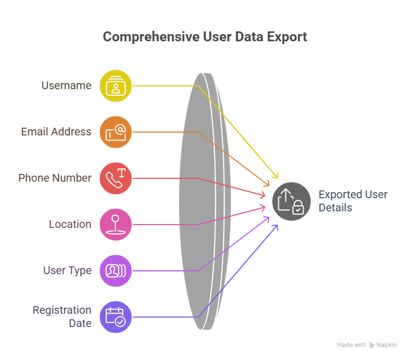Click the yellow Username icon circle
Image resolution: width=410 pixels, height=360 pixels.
click(x=116, y=86)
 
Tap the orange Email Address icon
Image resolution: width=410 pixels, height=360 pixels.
click(x=116, y=132)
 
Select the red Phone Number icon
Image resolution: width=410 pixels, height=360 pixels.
click(x=116, y=178)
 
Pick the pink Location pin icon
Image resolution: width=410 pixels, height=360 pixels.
click(x=116, y=225)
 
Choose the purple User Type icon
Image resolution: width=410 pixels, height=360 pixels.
click(x=116, y=271)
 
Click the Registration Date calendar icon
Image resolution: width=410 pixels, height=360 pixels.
click(x=116, y=317)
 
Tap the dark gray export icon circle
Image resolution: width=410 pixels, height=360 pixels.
click(x=292, y=201)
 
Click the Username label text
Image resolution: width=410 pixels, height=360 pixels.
click(x=67, y=85)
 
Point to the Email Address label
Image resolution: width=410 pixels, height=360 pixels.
click(x=56, y=132)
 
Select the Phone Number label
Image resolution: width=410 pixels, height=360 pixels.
click(x=55, y=178)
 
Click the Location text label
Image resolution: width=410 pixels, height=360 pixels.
click(x=70, y=224)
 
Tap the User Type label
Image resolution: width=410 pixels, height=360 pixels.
click(x=67, y=271)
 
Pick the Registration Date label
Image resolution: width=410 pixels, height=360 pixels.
click(x=62, y=317)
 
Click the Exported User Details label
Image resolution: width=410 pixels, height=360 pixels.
click(x=353, y=201)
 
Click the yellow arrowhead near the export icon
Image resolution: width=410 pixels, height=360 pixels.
click(x=276, y=175)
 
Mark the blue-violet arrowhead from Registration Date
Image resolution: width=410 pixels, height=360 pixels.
click(x=276, y=227)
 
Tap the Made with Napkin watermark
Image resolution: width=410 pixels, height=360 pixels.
click(x=366, y=345)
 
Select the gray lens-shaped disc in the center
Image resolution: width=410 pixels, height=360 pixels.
click(x=205, y=201)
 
